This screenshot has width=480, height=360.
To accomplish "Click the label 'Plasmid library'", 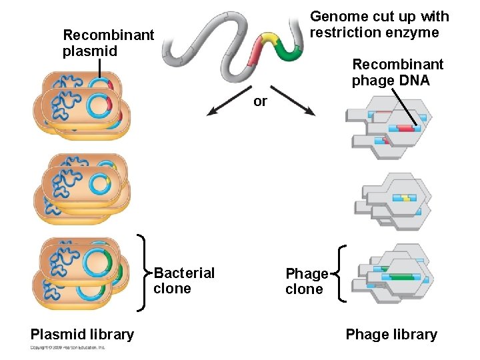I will click(x=82, y=335).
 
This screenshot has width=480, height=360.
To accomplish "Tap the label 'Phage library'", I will click(x=391, y=335).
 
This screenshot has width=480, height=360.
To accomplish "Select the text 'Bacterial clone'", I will click(x=184, y=281).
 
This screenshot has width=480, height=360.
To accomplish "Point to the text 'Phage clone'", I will click(x=307, y=281).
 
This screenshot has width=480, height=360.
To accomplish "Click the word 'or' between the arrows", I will click(x=260, y=101).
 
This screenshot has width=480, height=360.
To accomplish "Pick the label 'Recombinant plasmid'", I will click(x=108, y=43).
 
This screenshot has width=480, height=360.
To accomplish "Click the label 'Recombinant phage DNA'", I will click(x=397, y=72).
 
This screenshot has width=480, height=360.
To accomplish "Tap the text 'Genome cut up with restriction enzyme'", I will click(x=379, y=25).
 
